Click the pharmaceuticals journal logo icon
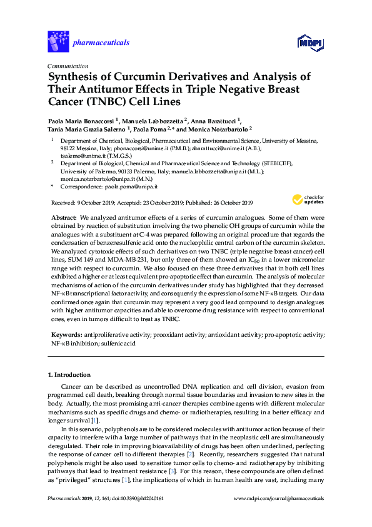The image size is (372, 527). pyautogui.click(x=58, y=41)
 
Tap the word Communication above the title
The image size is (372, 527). pyautogui.click(x=68, y=66)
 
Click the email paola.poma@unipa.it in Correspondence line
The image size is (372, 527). pyautogui.click(x=128, y=187)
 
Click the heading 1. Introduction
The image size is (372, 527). pyautogui.click(x=69, y=375)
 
